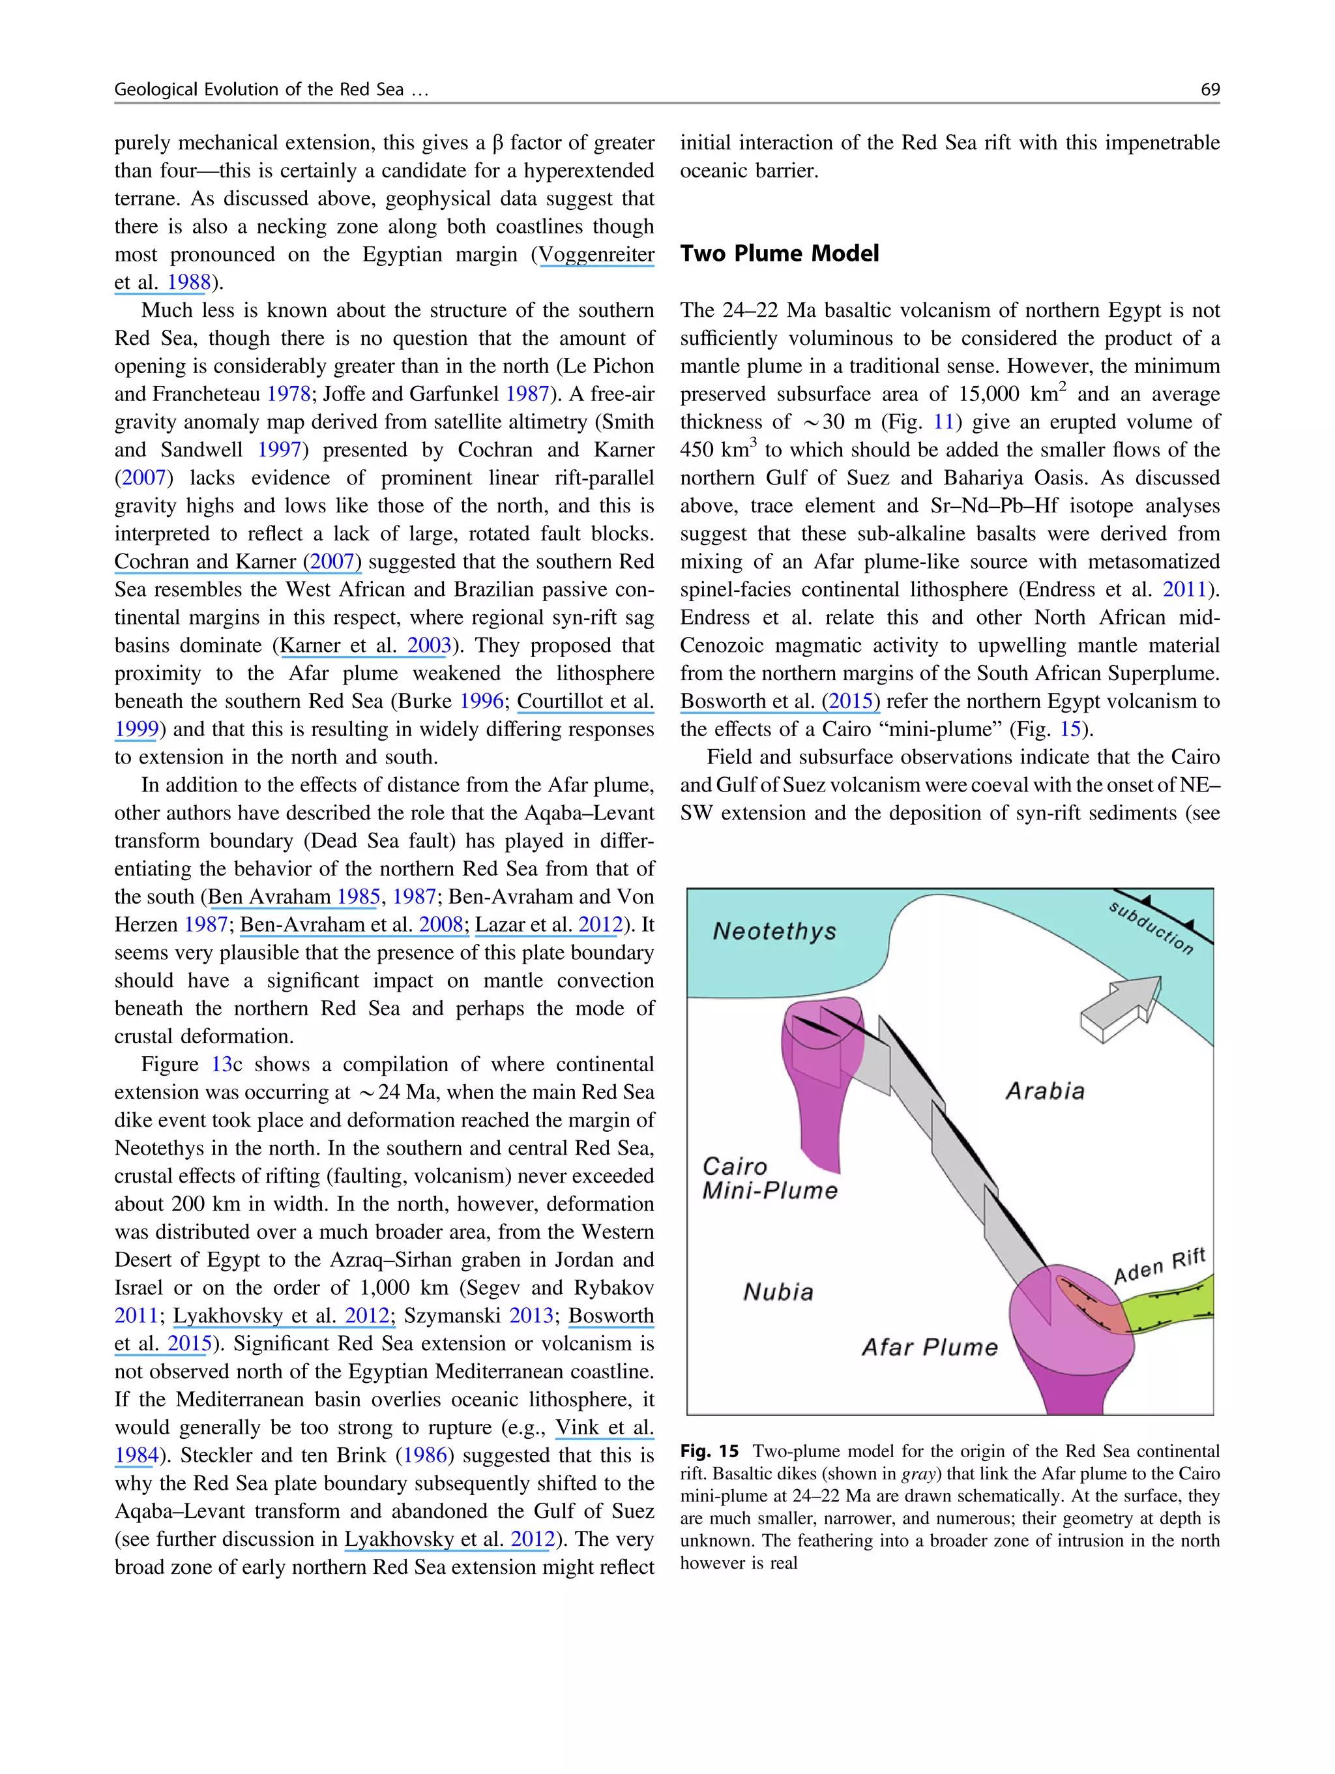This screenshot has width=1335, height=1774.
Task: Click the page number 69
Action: coord(1209,89)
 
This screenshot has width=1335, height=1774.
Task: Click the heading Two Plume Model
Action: coord(780,254)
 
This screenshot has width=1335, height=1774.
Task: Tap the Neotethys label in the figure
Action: coord(774,931)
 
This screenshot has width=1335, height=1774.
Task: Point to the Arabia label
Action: coord(1045,1091)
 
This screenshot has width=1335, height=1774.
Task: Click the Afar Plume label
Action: coord(930,1346)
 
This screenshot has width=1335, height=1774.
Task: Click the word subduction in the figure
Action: coord(1151,927)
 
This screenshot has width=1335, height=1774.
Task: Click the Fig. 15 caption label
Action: coord(709,1451)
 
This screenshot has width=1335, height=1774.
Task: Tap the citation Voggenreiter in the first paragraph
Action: coord(596,255)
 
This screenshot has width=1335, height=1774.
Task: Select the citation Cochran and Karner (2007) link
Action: coord(237,561)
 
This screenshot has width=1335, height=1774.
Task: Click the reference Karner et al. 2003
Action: coord(365,645)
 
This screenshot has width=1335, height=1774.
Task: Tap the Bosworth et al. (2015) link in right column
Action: coord(780,701)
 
